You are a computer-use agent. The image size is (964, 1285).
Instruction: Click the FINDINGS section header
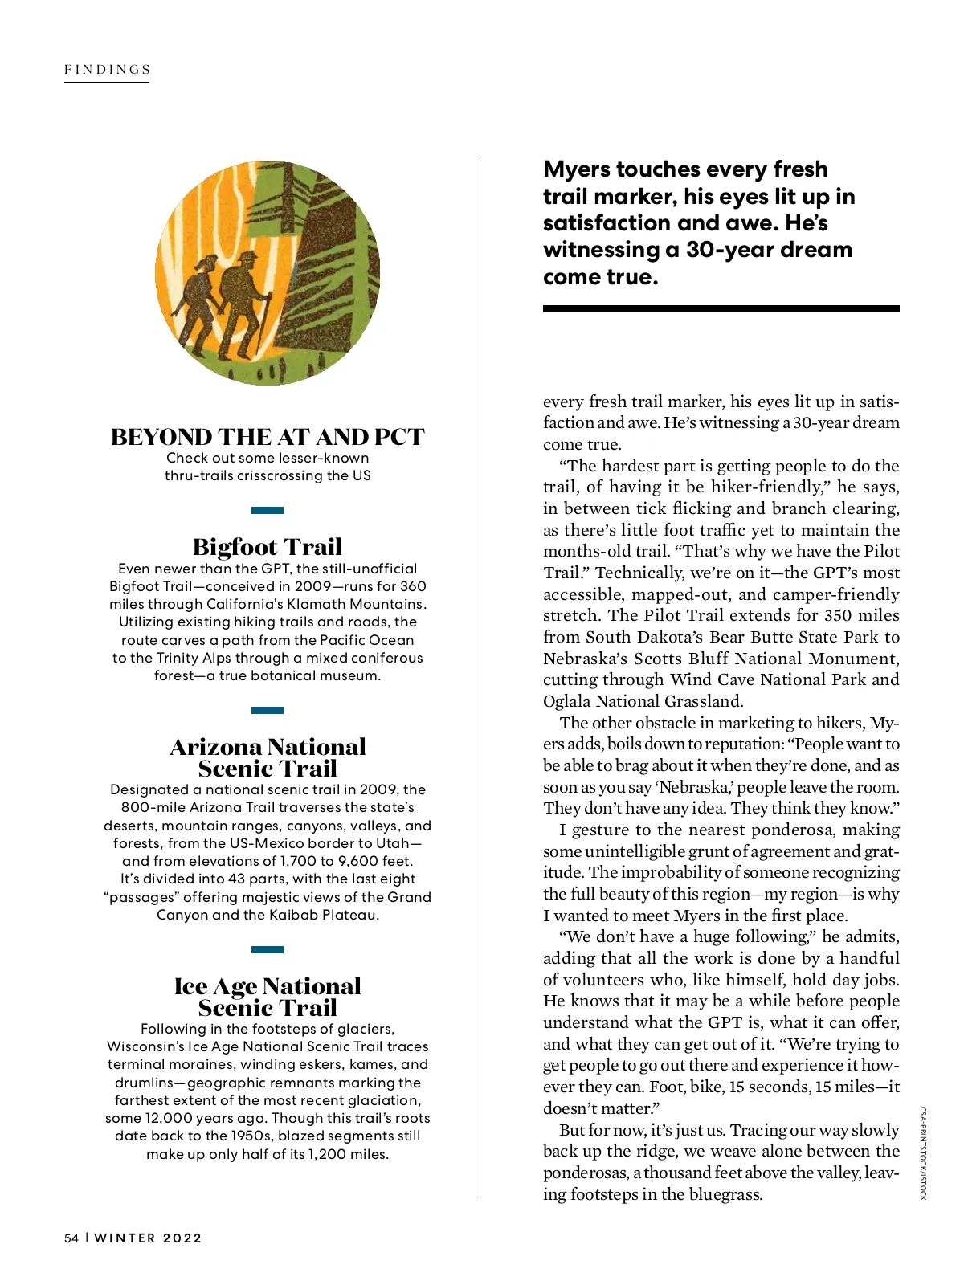pos(108,70)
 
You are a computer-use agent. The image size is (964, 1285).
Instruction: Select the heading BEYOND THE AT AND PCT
pos(268,437)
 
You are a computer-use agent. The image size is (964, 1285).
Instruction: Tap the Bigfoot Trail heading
pos(268,547)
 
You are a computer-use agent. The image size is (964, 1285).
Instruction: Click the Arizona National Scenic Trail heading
pos(268,757)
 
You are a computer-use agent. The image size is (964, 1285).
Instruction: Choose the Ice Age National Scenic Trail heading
pos(268,997)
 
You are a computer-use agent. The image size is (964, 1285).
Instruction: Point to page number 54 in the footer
pos(71,1238)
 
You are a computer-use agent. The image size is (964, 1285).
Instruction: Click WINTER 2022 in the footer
pos(148,1238)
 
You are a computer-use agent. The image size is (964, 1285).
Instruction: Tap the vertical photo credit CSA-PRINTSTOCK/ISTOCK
pos(923,1152)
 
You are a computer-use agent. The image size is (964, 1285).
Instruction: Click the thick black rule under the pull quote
pos(721,308)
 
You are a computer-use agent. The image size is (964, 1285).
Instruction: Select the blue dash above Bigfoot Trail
pos(268,510)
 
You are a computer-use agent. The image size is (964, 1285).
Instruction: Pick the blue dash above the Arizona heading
pos(268,710)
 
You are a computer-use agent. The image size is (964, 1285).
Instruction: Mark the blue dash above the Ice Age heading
pos(268,949)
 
